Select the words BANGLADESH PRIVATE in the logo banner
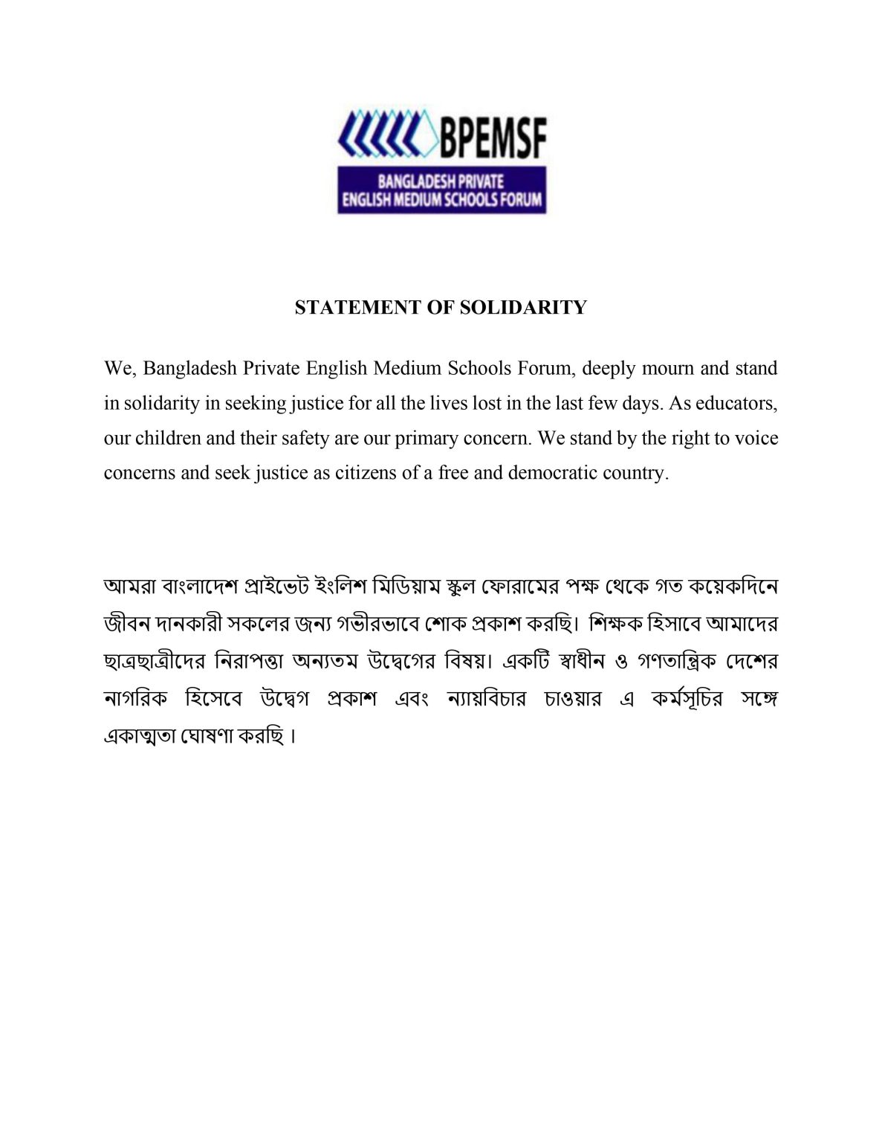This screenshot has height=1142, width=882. click(x=441, y=181)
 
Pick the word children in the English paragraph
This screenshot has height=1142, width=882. click(x=167, y=438)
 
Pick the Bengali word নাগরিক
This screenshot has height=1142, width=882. click(x=134, y=699)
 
